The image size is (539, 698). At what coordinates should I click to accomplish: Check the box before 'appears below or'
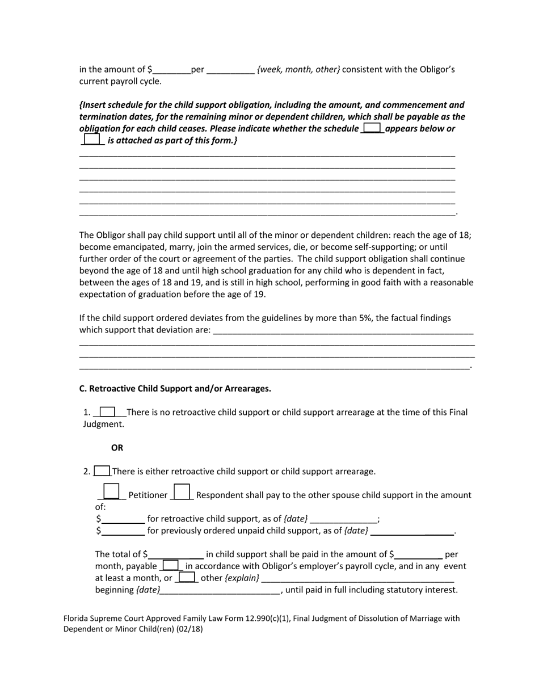click(372, 128)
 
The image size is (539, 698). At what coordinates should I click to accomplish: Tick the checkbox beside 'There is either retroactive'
click(102, 470)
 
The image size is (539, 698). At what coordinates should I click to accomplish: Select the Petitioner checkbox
click(112, 491)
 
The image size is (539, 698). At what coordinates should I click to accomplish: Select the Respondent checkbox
click(182, 491)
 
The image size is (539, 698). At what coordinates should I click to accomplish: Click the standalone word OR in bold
click(117, 448)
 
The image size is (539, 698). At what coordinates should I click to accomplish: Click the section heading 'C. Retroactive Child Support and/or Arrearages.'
click(175, 389)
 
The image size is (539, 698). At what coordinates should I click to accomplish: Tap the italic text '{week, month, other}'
click(298, 69)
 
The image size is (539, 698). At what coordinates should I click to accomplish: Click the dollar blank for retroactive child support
click(123, 519)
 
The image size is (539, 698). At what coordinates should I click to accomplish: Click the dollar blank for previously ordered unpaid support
click(123, 531)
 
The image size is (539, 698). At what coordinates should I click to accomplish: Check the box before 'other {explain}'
click(186, 577)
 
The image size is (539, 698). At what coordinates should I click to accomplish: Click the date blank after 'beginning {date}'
click(221, 590)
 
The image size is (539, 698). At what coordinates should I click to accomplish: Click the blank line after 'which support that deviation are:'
click(343, 331)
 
